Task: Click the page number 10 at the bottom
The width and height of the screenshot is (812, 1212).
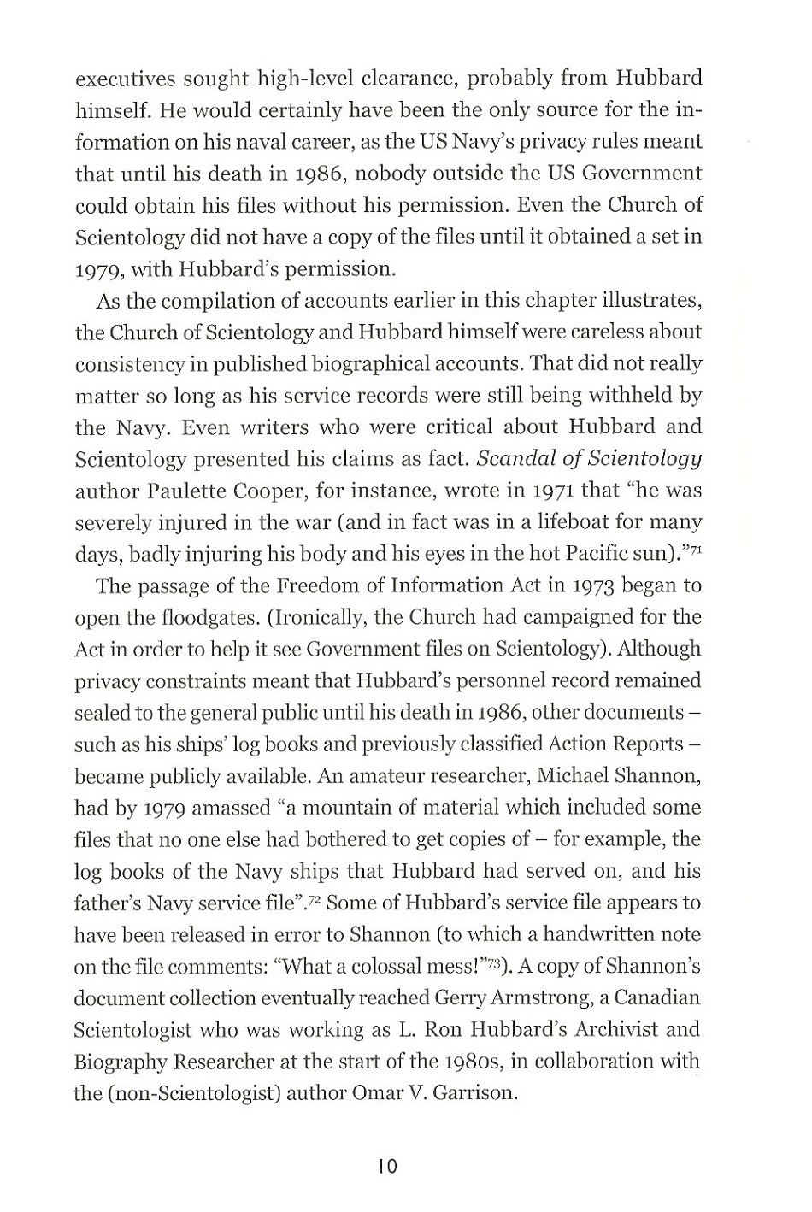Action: coord(386,1166)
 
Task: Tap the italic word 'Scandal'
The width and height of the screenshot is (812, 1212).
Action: coord(516,459)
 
